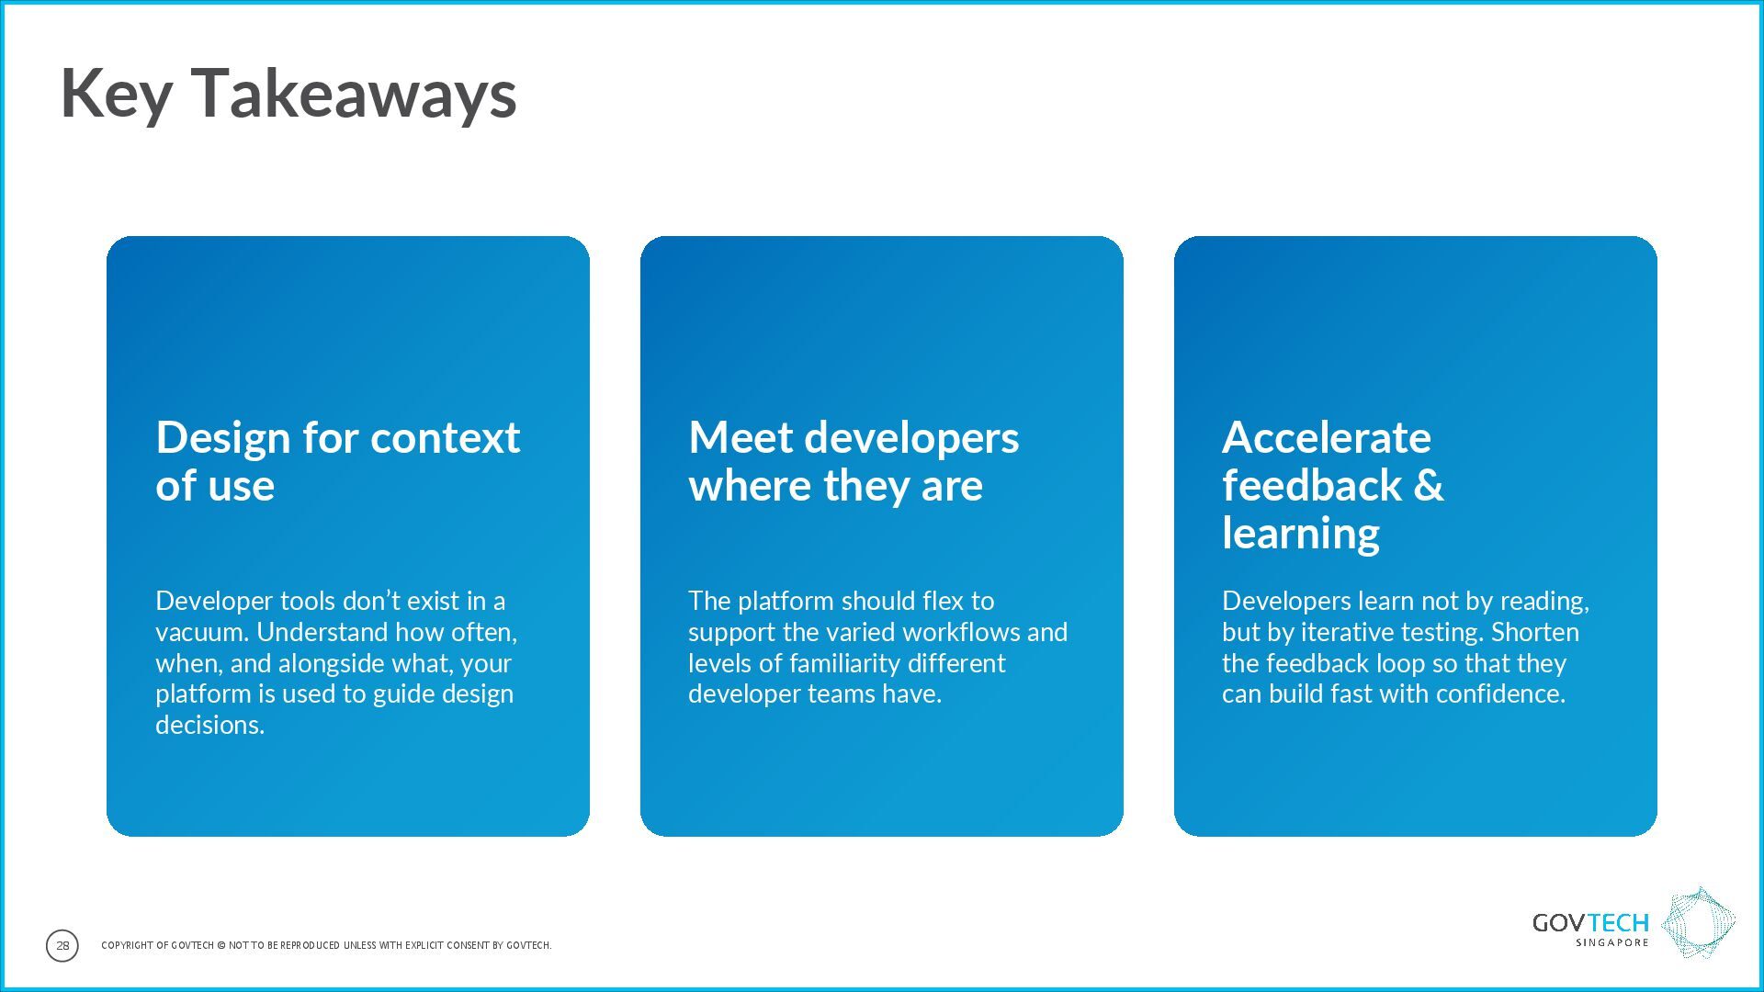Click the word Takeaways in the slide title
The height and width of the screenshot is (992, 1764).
[x=354, y=94]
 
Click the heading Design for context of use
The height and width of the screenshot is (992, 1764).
[x=338, y=461]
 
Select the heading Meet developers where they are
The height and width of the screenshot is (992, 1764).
[x=854, y=461]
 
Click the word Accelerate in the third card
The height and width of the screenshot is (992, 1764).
[x=1327, y=437]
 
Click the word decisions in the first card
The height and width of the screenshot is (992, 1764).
[x=209, y=725]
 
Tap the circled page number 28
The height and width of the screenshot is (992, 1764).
[x=62, y=945]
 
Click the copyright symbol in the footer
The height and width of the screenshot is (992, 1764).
[x=220, y=945]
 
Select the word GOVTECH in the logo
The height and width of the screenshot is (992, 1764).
[x=1590, y=922]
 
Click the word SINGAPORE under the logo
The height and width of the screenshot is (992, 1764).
[x=1612, y=942]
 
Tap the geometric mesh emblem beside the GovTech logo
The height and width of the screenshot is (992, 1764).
[x=1699, y=923]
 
